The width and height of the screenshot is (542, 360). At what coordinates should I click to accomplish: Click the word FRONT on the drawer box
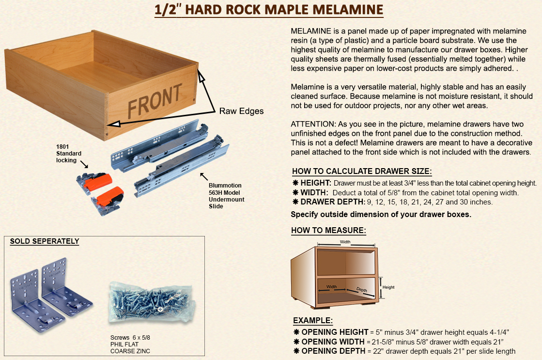click(x=155, y=100)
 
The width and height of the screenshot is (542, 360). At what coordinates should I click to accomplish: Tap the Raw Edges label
click(x=241, y=111)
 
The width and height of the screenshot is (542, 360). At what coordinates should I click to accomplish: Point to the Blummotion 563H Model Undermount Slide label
click(x=226, y=196)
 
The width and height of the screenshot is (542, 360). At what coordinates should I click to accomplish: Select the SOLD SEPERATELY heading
click(x=45, y=241)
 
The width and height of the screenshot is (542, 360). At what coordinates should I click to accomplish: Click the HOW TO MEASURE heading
click(x=328, y=230)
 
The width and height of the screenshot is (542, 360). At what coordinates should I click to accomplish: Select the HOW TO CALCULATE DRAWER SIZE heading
click(x=362, y=171)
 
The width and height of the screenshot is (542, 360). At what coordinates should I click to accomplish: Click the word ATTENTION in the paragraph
click(x=312, y=124)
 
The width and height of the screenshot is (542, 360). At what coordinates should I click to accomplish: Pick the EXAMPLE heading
click(x=313, y=321)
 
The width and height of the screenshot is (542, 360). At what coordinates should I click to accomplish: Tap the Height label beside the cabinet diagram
click(x=388, y=287)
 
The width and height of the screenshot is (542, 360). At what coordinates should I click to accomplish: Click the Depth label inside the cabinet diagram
click(x=362, y=289)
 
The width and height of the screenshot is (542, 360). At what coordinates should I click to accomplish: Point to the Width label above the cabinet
click(x=345, y=242)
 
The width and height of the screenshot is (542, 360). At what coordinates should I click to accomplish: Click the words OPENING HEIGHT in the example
click(x=335, y=332)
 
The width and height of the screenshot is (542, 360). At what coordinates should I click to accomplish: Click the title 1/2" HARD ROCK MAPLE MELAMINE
click(x=269, y=10)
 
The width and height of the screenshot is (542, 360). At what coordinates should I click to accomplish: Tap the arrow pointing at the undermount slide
click(x=204, y=176)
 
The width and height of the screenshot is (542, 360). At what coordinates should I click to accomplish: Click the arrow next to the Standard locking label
click(x=84, y=164)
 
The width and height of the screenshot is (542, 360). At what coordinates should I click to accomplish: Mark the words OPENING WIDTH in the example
click(x=333, y=342)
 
